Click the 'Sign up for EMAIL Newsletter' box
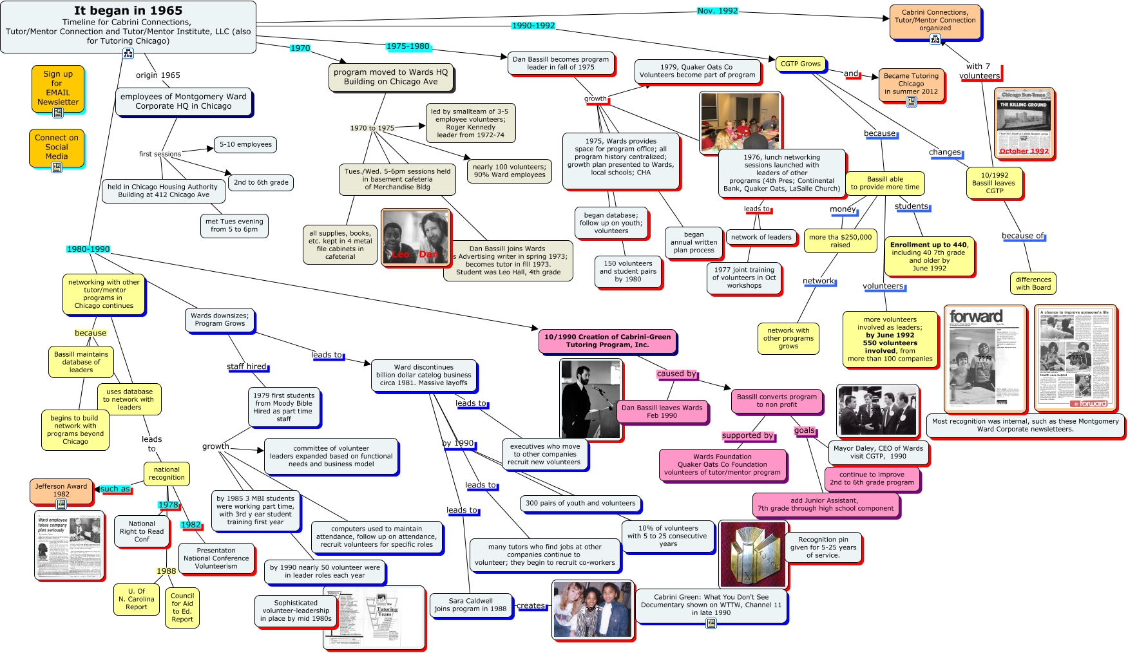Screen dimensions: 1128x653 pos(58,88)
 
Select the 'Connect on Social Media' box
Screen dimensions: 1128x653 pos(57,147)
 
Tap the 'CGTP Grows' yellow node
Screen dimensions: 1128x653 pos(800,64)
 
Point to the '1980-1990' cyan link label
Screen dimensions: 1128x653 pos(88,249)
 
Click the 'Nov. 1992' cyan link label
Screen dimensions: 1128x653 pos(718,11)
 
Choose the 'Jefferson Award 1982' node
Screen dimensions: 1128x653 pos(61,491)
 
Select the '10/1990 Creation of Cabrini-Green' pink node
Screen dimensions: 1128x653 pos(607,341)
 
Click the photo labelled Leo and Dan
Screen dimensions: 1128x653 pos(415,237)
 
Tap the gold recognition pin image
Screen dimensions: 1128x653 pos(752,554)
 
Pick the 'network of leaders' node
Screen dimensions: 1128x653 pos(761,237)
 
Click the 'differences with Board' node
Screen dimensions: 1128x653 pos(1033,283)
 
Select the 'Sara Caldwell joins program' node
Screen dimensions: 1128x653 pos(470,605)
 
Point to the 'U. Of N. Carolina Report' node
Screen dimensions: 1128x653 pos(137,599)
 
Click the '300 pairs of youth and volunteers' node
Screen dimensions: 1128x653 pos(580,503)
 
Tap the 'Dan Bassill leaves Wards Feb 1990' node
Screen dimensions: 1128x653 pos(662,412)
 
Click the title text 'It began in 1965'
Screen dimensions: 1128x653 pos(128,10)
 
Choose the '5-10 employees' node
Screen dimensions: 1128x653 pos(245,144)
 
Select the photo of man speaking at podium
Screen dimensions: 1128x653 pos(591,399)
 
